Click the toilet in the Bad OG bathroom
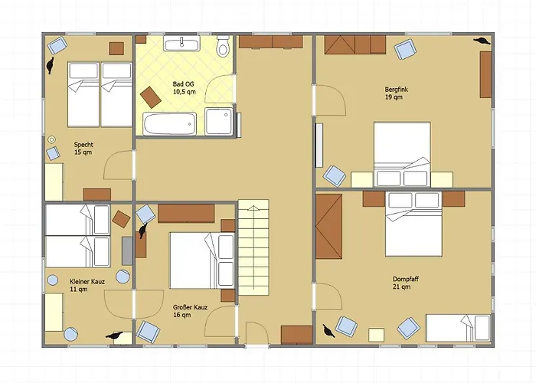coord(224,46)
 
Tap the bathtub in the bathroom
coord(169,124)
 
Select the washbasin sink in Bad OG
coord(181,44)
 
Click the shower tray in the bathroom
coord(219,121)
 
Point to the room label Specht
coord(83,145)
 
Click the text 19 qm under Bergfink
coord(394,97)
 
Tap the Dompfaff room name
coord(406,279)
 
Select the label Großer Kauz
coord(190,307)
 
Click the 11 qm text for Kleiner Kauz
coord(79,290)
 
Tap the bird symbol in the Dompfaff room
coord(328,331)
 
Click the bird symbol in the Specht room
coord(51,65)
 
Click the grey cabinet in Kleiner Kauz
coord(127,251)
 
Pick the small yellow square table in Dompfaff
coord(377,335)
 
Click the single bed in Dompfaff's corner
coord(458,328)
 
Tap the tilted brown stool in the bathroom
coord(151,97)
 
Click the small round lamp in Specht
coord(51,139)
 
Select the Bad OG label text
coord(183,84)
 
